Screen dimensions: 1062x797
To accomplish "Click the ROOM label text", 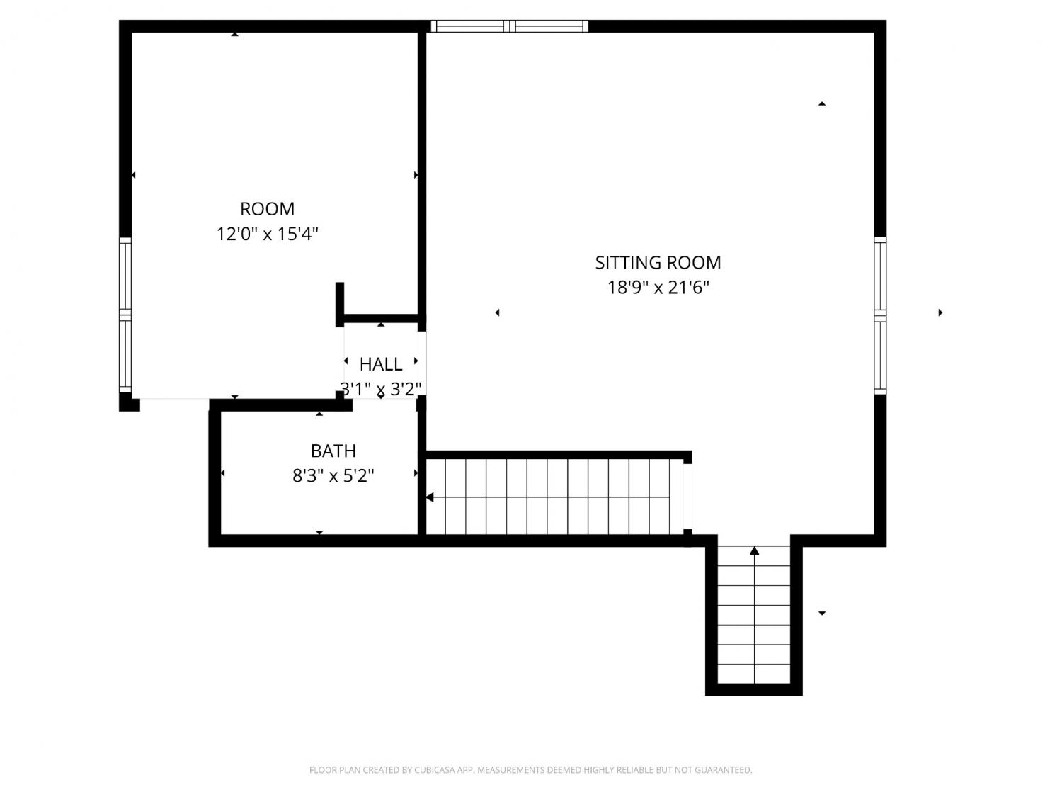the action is tap(267, 209).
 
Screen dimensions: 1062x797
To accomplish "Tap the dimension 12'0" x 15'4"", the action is tap(267, 234).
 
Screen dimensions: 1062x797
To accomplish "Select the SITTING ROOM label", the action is tap(658, 263).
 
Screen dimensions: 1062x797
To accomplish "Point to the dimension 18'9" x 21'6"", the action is tap(658, 288).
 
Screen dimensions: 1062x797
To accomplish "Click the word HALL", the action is tap(381, 364).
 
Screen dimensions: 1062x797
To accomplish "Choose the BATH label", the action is tap(333, 451).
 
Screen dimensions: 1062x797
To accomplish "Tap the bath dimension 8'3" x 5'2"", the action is tap(333, 476).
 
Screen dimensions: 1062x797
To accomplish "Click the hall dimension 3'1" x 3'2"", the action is tap(381, 389).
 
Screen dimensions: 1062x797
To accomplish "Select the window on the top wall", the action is tap(510, 26).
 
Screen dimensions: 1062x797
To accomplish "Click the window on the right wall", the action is tap(880, 315).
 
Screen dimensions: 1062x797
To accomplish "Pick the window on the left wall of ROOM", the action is tap(125, 315).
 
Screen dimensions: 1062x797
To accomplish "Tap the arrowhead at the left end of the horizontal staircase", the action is tap(430, 497).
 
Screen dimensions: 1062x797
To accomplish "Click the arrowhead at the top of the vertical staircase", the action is tap(754, 550).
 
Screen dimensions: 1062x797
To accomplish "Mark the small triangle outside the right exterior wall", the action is tap(940, 312).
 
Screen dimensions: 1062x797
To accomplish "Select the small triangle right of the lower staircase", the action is tap(821, 613).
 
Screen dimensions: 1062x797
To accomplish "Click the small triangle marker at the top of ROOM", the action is tap(234, 34).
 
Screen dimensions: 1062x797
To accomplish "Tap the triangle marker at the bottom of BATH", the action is tap(319, 532).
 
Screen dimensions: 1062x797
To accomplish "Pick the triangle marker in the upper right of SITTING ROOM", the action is tap(821, 103).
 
